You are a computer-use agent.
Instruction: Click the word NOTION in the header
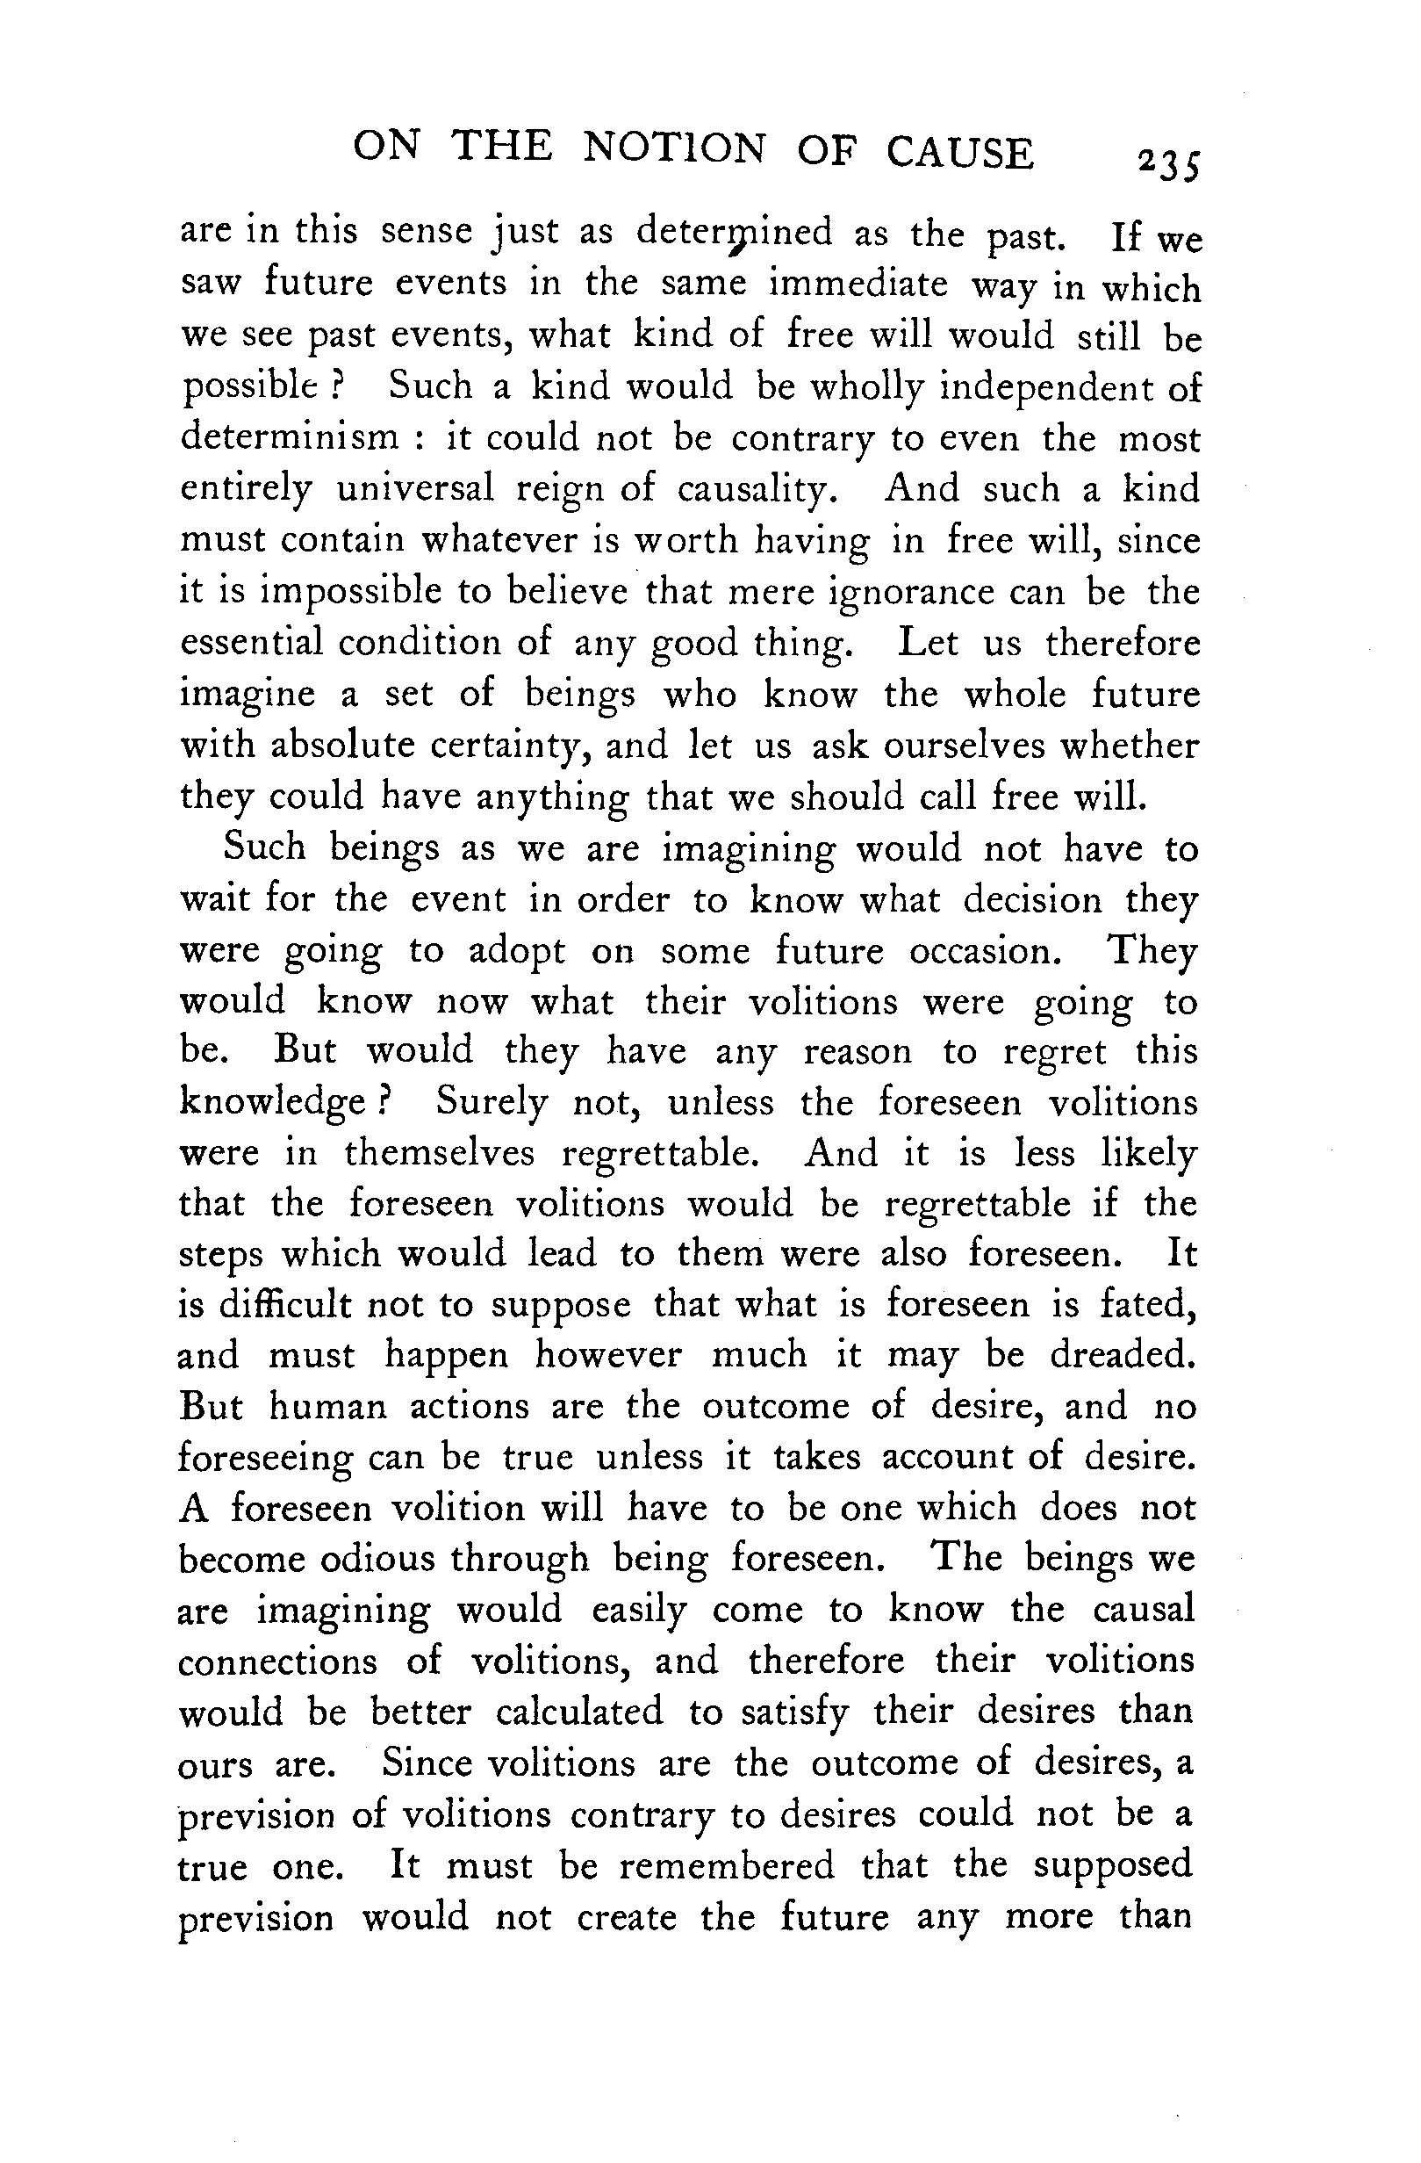[x=673, y=148]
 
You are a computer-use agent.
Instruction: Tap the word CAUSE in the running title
[x=960, y=152]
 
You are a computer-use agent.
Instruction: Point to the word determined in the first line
[x=734, y=234]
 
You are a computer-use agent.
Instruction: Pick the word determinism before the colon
[x=290, y=438]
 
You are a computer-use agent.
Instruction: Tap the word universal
[x=415, y=489]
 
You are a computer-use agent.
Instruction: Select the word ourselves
[x=965, y=746]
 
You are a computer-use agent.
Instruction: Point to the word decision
[x=1032, y=901]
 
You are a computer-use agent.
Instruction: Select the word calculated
[x=579, y=1712]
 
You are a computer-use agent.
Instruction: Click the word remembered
[x=727, y=1866]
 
